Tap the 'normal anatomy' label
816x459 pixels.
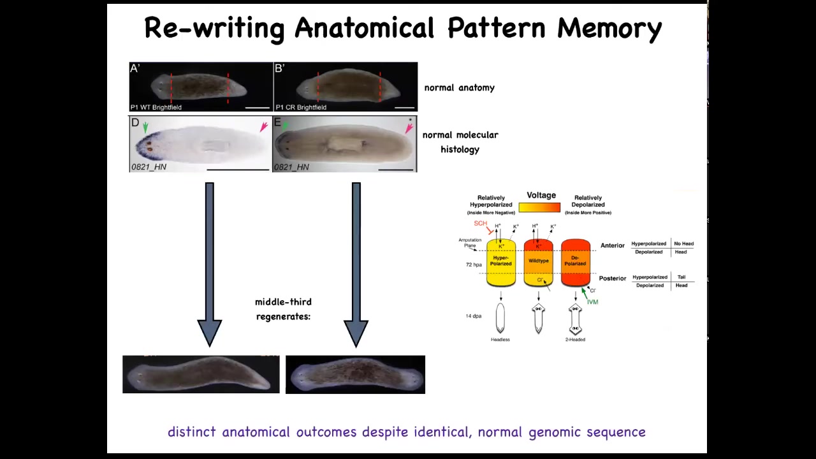459,88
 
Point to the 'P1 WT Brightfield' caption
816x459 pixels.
156,107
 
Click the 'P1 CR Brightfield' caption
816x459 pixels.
301,107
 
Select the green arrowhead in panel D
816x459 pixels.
145,127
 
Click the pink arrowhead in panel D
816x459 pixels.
263,127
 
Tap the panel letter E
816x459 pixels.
277,122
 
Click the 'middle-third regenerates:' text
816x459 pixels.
283,309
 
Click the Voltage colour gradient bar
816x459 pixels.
539,207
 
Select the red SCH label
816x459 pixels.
480,224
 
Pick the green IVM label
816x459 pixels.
593,302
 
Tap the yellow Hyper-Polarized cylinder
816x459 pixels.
501,262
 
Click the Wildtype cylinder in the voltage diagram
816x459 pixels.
539,261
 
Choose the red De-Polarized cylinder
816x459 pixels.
576,262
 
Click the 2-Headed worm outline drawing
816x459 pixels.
575,319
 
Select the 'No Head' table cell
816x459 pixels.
683,244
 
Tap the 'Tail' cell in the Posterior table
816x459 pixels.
681,277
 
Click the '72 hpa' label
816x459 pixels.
474,265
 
